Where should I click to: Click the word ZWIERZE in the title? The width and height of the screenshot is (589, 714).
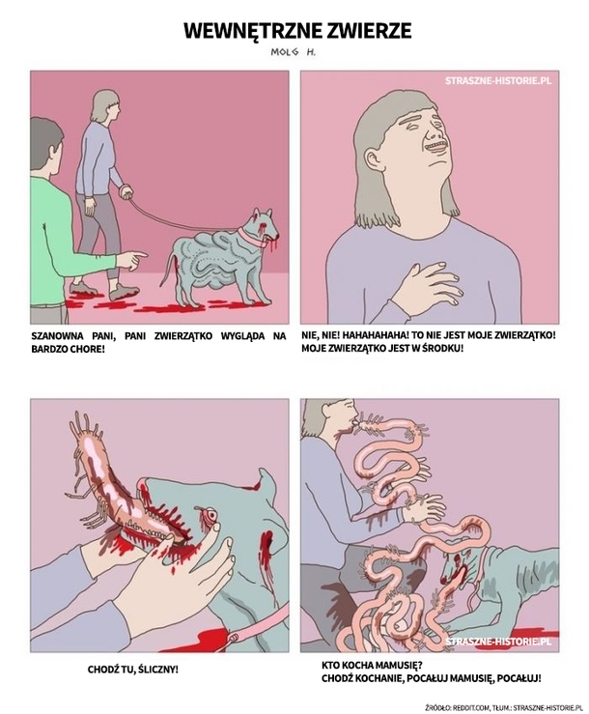tap(362, 31)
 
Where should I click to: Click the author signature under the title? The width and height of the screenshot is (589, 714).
tap(294, 52)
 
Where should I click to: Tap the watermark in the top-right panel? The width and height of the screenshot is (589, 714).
tap(498, 80)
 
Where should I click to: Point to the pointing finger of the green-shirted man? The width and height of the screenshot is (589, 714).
tap(140, 255)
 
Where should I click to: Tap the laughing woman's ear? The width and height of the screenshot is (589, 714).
tap(374, 159)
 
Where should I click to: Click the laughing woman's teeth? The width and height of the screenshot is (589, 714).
tap(437, 148)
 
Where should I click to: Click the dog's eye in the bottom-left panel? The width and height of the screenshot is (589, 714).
tap(210, 514)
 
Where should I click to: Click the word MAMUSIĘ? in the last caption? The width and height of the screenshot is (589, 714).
tap(400, 666)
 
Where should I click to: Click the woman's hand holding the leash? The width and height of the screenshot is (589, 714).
tap(126, 191)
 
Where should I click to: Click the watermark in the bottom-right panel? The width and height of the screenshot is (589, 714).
tap(498, 642)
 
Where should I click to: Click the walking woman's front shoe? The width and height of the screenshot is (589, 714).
tap(125, 293)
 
